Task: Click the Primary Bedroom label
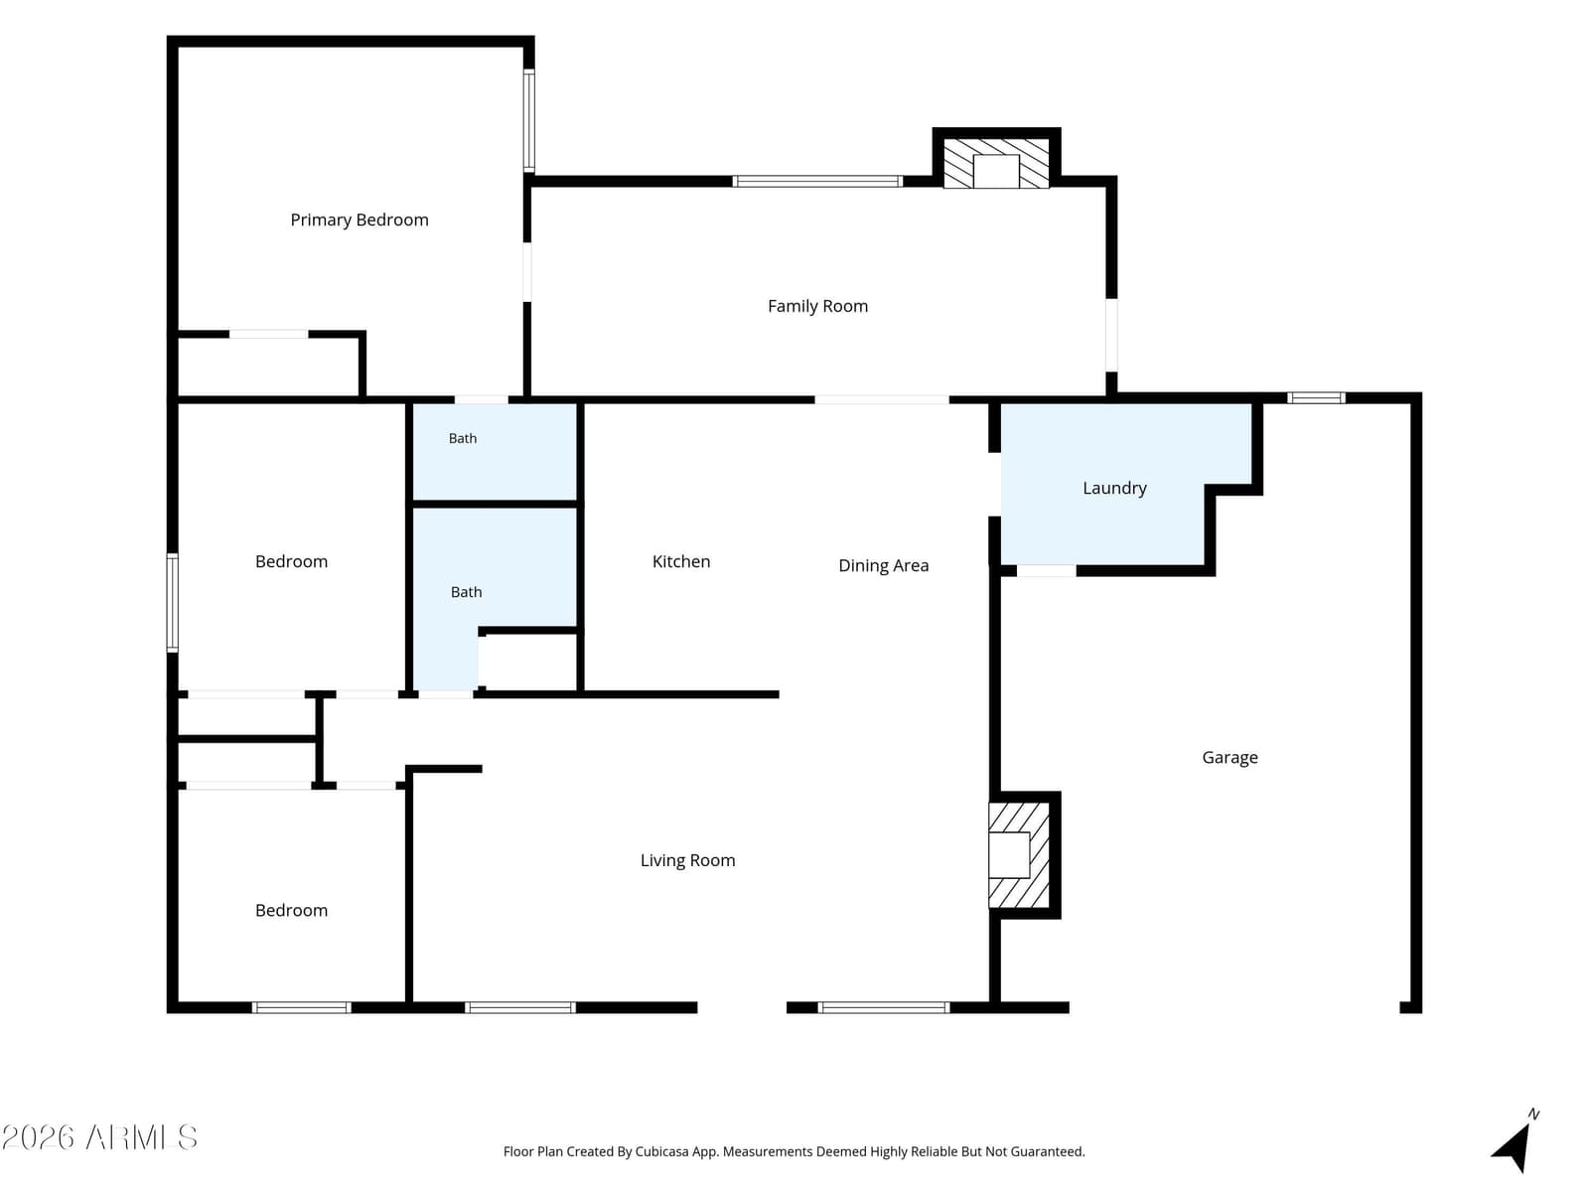click(x=360, y=220)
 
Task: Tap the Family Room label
click(x=817, y=306)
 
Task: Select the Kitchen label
click(x=680, y=561)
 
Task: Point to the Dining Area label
click(x=883, y=566)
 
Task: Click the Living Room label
click(x=687, y=860)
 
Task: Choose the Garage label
click(x=1229, y=758)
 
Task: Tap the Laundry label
click(x=1114, y=489)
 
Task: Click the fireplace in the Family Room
click(x=996, y=164)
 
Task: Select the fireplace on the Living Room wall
click(x=1019, y=854)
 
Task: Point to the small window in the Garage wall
click(x=1315, y=397)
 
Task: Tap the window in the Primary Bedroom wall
click(x=529, y=121)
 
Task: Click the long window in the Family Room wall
click(x=817, y=181)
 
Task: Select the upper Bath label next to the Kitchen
click(x=463, y=439)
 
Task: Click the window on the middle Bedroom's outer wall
click(x=172, y=603)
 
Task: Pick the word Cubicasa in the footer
click(x=661, y=1151)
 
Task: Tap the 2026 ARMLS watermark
click(x=99, y=1137)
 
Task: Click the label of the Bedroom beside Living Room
click(x=291, y=911)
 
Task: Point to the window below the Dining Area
click(x=883, y=1007)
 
